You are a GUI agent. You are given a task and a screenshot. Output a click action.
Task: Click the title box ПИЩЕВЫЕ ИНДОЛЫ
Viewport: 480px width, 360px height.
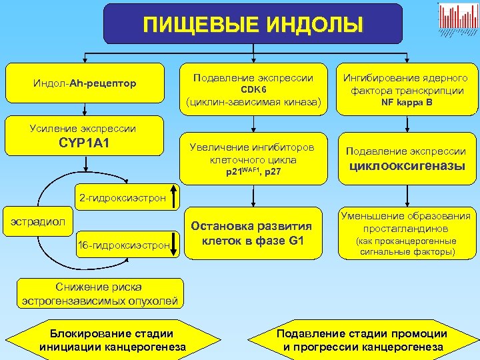253,25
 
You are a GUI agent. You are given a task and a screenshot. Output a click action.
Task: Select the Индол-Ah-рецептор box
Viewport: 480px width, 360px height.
85,83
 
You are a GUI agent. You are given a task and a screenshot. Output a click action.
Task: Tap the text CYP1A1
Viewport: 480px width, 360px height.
85,142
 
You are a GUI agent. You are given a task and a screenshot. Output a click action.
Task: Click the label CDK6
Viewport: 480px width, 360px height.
253,89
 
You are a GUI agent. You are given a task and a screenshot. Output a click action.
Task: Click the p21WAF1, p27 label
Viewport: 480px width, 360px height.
253,173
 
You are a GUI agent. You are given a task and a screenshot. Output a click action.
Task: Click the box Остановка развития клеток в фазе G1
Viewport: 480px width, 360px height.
253,233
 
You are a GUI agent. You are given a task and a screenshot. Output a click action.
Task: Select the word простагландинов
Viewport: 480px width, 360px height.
405,229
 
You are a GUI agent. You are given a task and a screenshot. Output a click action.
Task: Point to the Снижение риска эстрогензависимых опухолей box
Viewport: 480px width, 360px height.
99,294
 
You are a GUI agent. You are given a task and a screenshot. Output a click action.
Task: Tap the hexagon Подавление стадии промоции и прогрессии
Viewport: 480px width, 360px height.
363,340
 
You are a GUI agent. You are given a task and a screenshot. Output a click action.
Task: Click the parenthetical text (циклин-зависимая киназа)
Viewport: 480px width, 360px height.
253,103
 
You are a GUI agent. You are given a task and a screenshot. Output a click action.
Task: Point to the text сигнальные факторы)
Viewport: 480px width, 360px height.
405,252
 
